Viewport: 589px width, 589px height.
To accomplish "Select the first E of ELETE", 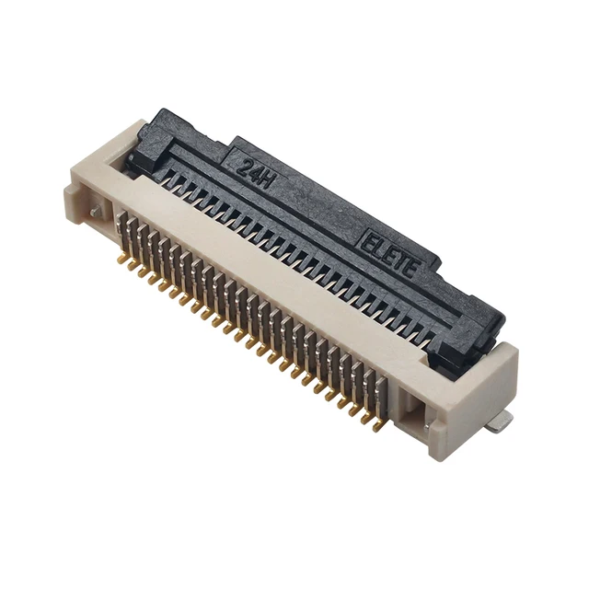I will pyautogui.click(x=366, y=243).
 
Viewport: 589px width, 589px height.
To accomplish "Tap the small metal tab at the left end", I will pyautogui.click(x=95, y=212).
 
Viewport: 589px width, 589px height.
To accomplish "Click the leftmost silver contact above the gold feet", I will pyautogui.click(x=122, y=230).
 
